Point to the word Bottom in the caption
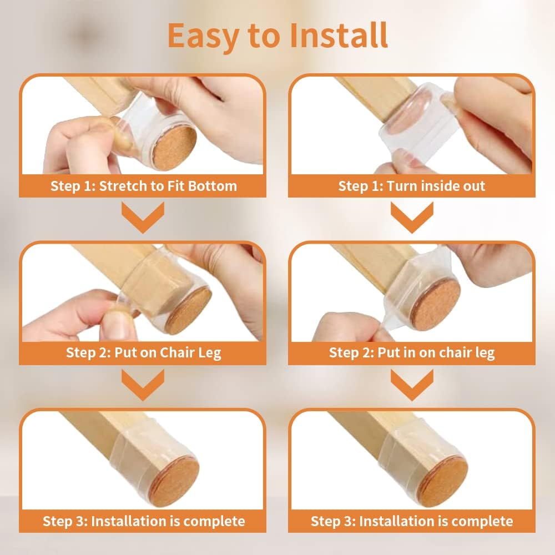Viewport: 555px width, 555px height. click(212, 185)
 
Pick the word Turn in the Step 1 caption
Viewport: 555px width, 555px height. click(405, 185)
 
